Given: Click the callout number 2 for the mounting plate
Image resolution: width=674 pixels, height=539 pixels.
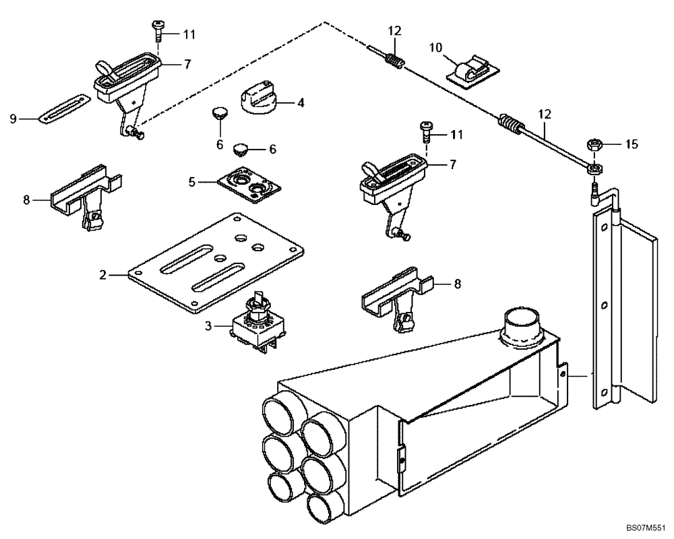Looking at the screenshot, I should (103, 274).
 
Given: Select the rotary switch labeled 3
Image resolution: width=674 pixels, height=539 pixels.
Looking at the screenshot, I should (257, 325).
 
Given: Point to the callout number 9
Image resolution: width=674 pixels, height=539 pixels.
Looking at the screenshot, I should (13, 119).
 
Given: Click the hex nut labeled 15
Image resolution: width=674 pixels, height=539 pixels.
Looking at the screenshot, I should (594, 144).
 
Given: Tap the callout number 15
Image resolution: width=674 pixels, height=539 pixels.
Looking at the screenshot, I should (632, 144).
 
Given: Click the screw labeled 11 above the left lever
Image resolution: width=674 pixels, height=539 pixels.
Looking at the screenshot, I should (158, 30).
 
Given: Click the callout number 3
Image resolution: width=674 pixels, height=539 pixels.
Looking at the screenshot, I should (208, 326).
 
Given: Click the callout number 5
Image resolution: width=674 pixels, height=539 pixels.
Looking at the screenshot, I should (191, 181).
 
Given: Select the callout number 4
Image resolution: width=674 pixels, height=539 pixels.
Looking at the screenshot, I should (301, 103).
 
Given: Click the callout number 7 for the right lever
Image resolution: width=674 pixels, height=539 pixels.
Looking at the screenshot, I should (452, 164).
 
